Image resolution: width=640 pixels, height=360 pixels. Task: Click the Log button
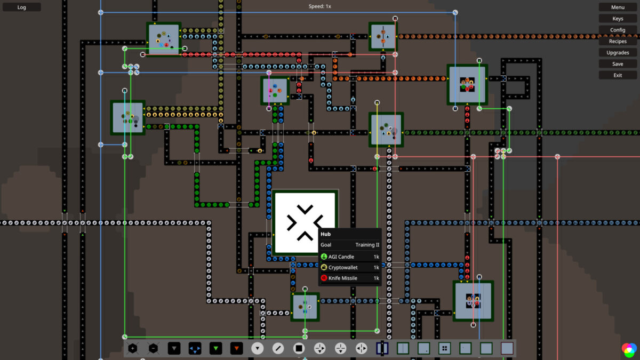(x=21, y=7)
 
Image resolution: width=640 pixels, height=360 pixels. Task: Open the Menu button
(x=618, y=7)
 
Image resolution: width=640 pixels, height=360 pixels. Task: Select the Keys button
(x=618, y=19)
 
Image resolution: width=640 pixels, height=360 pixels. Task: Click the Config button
(x=618, y=30)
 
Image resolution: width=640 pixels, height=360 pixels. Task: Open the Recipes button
(x=618, y=41)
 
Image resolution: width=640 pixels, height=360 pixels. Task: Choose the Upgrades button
(x=618, y=53)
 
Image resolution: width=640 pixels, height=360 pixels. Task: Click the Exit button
(x=618, y=75)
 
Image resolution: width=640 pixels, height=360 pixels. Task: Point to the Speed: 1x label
(x=319, y=6)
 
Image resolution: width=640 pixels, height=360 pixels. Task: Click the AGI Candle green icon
(x=324, y=257)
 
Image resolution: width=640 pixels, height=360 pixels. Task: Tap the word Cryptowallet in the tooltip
(x=343, y=267)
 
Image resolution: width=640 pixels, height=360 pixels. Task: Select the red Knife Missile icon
(x=324, y=278)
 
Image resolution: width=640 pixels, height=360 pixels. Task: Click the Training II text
(x=367, y=245)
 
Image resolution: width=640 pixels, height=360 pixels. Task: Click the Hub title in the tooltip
(x=326, y=234)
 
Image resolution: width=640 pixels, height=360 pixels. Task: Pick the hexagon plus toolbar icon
(x=133, y=348)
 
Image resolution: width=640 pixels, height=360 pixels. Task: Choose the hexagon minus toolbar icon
(x=154, y=348)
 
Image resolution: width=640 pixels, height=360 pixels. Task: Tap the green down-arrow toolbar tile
(x=215, y=348)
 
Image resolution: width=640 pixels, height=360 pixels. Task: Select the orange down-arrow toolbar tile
(x=236, y=348)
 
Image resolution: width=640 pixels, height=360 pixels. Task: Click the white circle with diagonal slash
(x=278, y=348)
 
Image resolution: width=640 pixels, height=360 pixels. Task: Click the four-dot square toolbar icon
(x=444, y=348)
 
